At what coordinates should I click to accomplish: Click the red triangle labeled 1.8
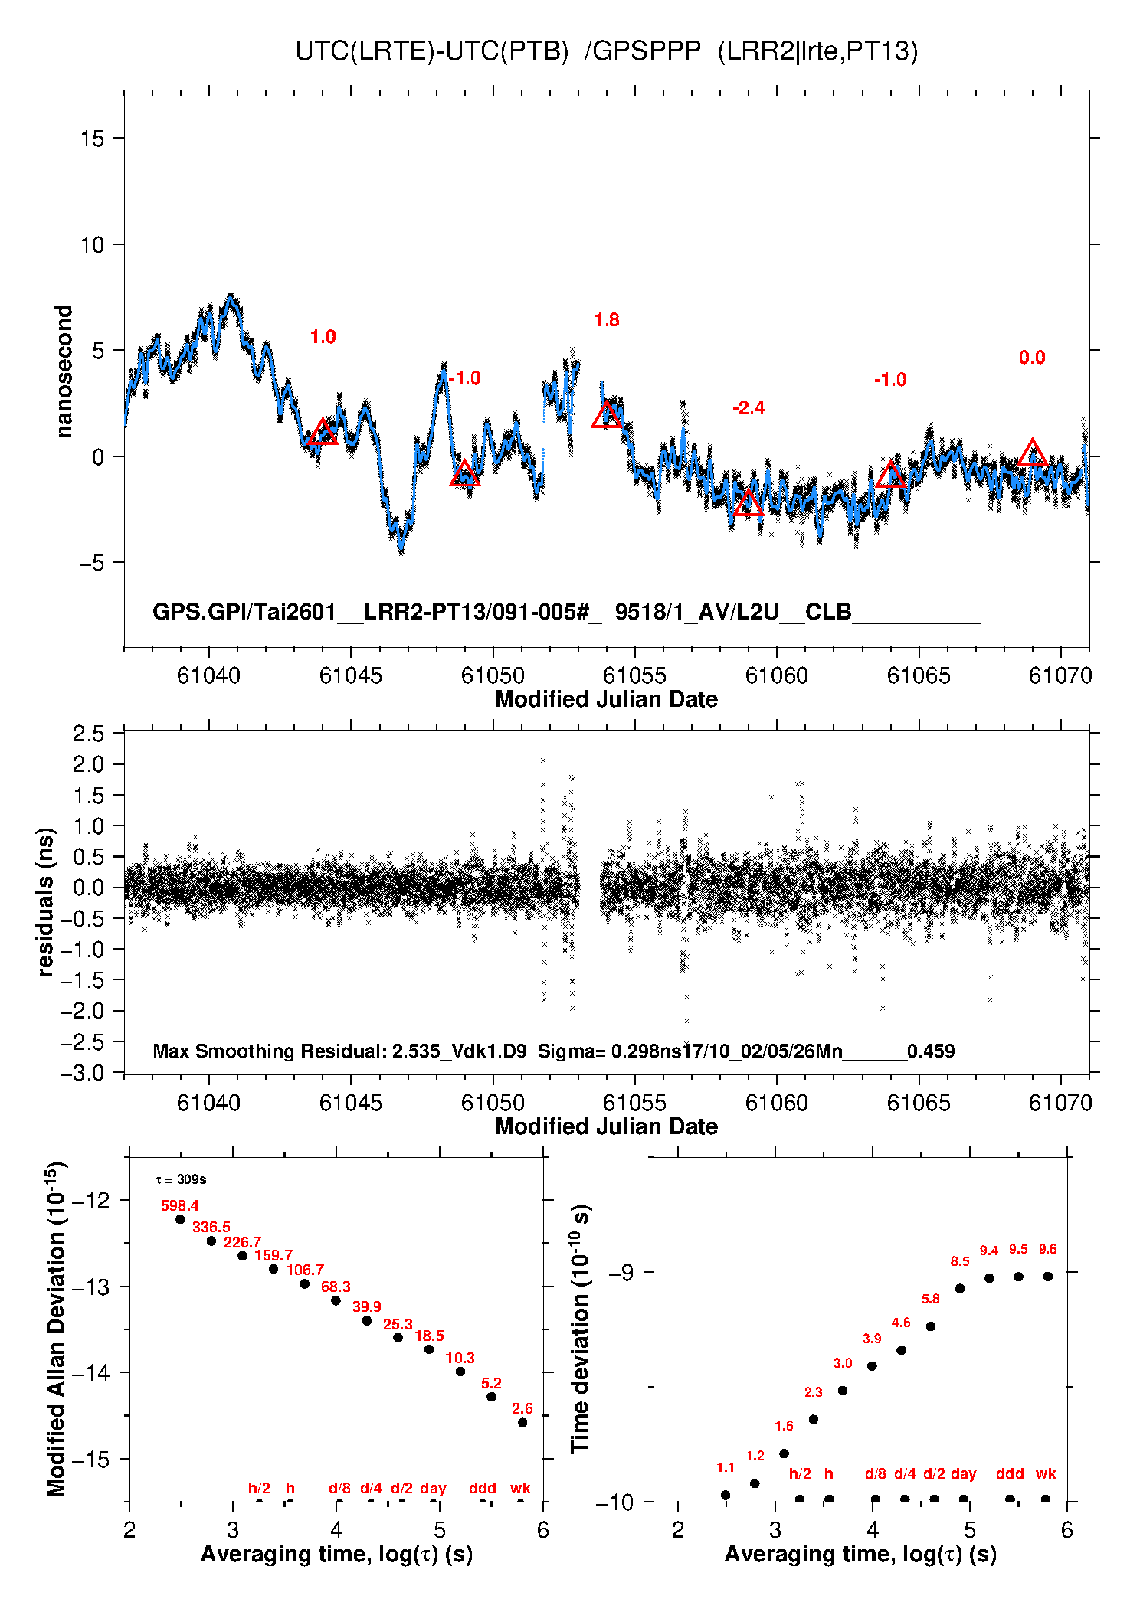coord(607,416)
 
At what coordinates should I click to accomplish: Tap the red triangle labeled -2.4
coord(749,505)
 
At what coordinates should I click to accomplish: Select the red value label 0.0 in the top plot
coord(1032,358)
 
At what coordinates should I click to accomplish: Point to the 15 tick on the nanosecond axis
coord(92,139)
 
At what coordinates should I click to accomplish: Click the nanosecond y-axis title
coord(64,371)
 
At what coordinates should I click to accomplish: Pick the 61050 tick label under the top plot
coord(493,675)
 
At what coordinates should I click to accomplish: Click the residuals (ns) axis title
coord(46,901)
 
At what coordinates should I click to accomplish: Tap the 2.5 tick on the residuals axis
coord(89,734)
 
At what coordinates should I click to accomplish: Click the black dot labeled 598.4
coord(180,1219)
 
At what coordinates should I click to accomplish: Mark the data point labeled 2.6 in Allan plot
coord(522,1423)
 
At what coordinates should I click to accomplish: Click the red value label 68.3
coord(336,1287)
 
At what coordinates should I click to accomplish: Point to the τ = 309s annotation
coord(181,1179)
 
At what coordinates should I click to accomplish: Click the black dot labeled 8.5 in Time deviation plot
coord(960,1288)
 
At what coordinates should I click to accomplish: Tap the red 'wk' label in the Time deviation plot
coord(1046,1473)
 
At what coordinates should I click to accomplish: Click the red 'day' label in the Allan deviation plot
coord(433,1488)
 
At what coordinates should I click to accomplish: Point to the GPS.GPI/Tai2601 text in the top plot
coord(244,612)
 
